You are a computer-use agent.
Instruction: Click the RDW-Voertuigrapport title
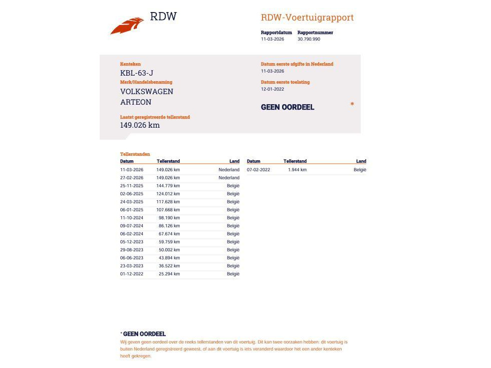click(307, 18)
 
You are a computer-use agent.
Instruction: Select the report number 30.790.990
click(309, 39)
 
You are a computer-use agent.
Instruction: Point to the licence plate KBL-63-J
click(137, 73)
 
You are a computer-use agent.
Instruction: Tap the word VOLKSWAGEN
click(147, 92)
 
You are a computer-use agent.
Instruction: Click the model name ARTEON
click(136, 102)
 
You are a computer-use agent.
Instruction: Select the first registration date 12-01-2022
click(273, 89)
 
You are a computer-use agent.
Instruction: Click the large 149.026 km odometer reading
click(140, 125)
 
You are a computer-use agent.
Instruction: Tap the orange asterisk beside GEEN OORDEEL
click(352, 104)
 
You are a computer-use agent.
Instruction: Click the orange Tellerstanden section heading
click(135, 154)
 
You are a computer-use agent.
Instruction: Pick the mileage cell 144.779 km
click(168, 186)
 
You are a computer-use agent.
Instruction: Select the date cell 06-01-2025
click(132, 210)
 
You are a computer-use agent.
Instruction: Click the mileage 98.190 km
click(169, 218)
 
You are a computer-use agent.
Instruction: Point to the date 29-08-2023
click(132, 250)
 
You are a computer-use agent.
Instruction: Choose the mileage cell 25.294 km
click(169, 274)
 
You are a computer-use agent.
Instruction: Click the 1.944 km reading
click(297, 170)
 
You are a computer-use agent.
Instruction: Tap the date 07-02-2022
click(259, 170)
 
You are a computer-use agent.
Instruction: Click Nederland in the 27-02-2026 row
click(229, 178)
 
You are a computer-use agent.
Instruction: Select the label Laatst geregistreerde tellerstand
click(155, 117)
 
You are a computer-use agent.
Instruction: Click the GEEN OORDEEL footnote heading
click(144, 334)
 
